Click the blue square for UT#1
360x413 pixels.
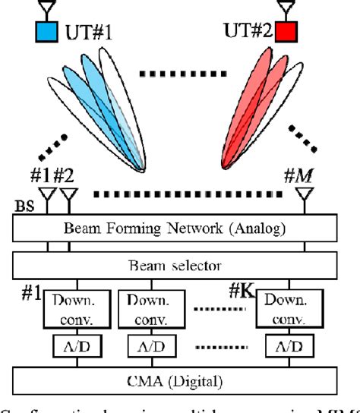(46, 33)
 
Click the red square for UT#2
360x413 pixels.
(286, 33)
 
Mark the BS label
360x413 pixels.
(25, 205)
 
